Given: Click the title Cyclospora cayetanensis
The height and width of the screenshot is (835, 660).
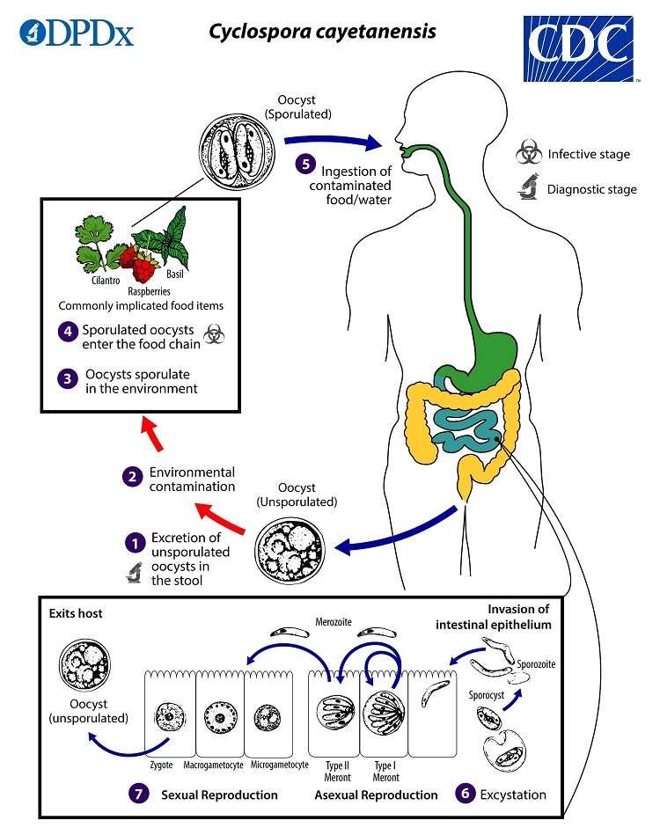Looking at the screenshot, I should click(321, 32).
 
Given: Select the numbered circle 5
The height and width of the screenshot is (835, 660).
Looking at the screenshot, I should click(304, 164).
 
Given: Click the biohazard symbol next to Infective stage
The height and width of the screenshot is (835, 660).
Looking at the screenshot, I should click(528, 154).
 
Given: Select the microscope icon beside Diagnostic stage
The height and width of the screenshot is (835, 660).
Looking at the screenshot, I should click(528, 187).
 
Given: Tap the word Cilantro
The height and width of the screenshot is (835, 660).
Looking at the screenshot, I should click(106, 282).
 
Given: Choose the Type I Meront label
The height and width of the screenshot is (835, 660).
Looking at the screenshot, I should click(385, 771).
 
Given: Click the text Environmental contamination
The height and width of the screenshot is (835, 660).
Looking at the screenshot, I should click(192, 479).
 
